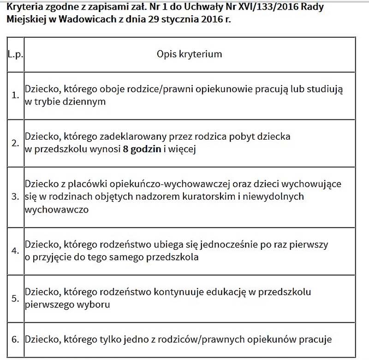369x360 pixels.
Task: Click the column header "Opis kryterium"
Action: tap(189, 54)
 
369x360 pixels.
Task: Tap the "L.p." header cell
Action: tap(16, 54)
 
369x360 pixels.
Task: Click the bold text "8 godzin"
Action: tap(143, 149)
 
